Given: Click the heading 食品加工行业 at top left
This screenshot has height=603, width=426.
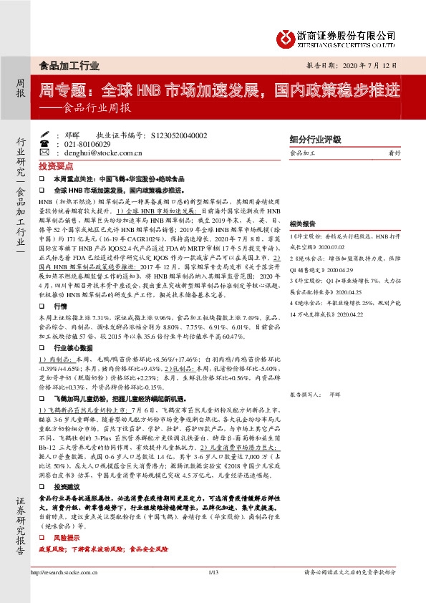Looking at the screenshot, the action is pos(69,65).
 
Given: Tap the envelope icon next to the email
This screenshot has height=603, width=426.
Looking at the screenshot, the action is pos(44,152).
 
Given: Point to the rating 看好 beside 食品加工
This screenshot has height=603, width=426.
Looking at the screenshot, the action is pos(394,153).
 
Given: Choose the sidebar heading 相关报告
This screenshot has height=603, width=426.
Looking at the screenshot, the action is pos(304,223).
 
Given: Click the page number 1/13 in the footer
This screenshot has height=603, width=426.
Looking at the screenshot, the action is pos(213,572).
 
